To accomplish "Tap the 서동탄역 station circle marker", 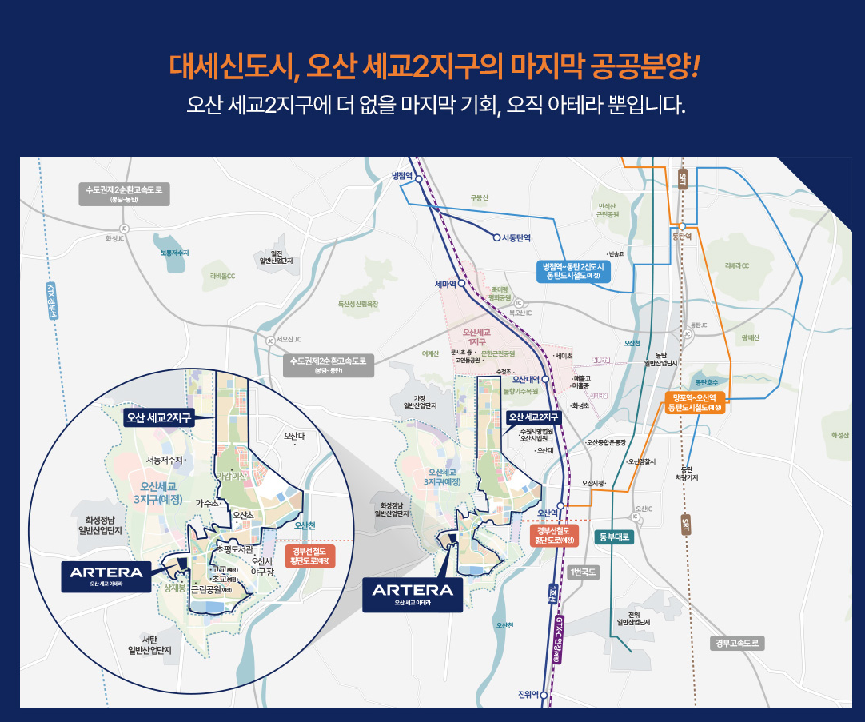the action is tap(496, 237).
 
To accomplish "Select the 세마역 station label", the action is tap(444, 284).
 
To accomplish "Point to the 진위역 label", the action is tap(528, 693).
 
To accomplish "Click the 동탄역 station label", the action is tap(681, 237).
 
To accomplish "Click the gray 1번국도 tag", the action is tap(582, 572).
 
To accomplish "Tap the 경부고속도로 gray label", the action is tap(737, 643).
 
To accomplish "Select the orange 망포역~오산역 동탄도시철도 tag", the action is tap(695, 402).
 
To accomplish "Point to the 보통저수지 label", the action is tap(174, 253).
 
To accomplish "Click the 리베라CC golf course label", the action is tap(737, 265).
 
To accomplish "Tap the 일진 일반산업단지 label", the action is tap(277, 256).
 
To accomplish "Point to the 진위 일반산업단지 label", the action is tap(633, 618).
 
